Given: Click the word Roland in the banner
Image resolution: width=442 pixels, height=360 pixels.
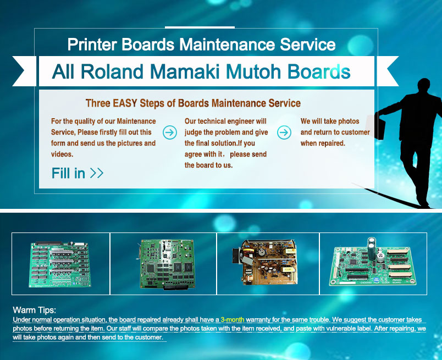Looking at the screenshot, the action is pos(112,71).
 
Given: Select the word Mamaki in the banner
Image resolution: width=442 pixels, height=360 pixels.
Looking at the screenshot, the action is pos(185,71).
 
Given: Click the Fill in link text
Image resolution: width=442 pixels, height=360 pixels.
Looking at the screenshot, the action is pos(68,173).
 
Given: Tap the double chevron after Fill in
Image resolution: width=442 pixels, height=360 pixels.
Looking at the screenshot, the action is pos(97,173).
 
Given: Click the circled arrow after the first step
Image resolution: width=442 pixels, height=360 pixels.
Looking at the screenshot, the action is pos(170,132).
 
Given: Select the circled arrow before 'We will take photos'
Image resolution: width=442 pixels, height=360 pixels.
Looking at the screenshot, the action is pos(284,132).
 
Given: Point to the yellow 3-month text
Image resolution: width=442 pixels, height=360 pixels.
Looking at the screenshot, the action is pos(233,320).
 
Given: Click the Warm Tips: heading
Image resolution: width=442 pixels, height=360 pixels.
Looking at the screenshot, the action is pos(35,310).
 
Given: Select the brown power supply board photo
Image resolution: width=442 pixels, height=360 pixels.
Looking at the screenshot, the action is pos(265,262).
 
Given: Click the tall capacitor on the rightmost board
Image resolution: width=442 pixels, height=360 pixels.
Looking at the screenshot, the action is pos(372,248).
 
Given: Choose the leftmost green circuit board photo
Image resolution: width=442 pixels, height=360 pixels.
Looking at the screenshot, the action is pos(60,264).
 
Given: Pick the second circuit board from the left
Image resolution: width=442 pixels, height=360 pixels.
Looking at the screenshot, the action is pos(167,264).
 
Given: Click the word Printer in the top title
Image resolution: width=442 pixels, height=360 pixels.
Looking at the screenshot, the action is pos(92,45).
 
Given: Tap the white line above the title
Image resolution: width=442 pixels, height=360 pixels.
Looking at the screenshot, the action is pos(200,27).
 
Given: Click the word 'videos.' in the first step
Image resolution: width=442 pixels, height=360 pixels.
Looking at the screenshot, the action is pos(62,154).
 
